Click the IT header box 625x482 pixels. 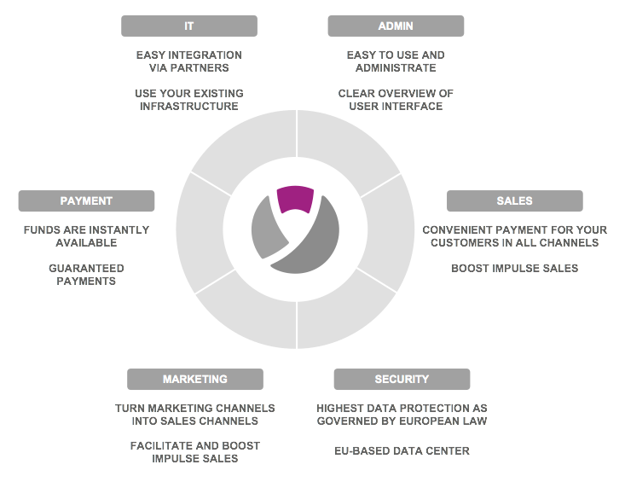coord(188,26)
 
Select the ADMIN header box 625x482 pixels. coord(396,26)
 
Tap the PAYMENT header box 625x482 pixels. coord(86,201)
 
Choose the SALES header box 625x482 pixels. coord(514,201)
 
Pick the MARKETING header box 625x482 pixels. coord(195,379)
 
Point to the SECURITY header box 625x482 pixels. coord(402,379)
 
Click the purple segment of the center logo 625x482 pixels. coord(295,199)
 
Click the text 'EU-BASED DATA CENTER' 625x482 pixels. coord(402,450)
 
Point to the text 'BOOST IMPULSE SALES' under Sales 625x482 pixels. coord(514,268)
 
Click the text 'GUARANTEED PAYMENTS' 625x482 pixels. coord(86,275)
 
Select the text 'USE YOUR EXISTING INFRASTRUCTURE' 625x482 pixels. coord(188,100)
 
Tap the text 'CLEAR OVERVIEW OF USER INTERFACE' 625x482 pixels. coord(396,100)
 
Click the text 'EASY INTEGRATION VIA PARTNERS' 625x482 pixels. coord(188,61)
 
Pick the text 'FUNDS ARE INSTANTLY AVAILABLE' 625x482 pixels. coord(86,236)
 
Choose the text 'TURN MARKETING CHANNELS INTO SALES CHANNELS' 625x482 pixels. coord(195,415)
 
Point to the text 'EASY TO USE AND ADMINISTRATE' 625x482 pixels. coord(396,61)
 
